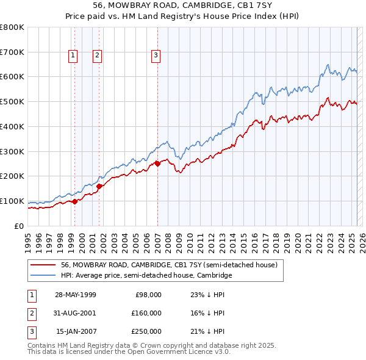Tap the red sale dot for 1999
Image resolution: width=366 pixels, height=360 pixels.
[74, 201]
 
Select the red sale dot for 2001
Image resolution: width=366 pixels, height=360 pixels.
[99, 186]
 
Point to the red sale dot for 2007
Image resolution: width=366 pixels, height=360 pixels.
[157, 164]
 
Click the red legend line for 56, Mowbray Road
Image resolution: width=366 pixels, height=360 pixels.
[43, 265]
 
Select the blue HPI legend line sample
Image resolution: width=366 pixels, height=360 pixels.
[43, 275]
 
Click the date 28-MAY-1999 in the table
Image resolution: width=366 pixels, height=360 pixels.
[76, 295]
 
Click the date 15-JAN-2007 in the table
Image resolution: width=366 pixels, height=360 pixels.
[76, 331]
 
